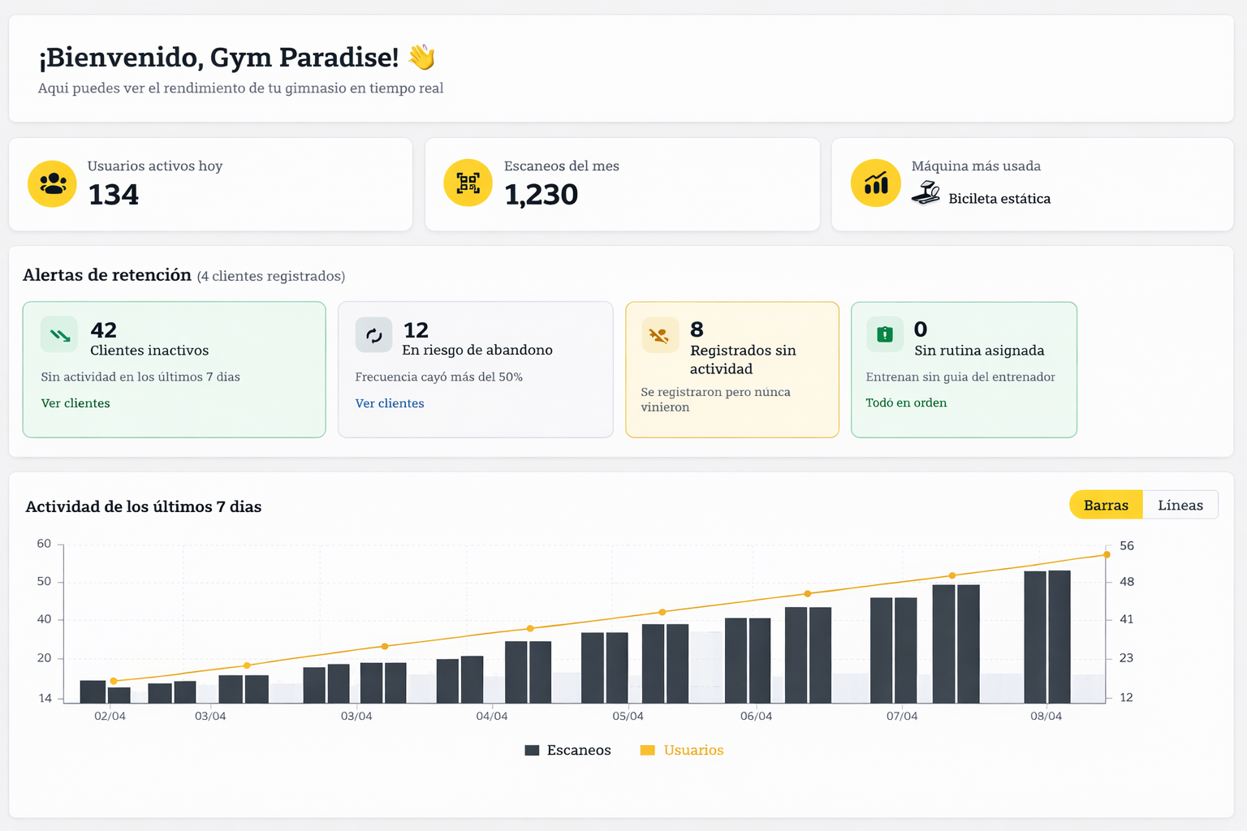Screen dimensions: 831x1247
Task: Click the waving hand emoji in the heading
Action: pyautogui.click(x=421, y=57)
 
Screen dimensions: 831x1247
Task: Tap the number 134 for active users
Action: pyautogui.click(x=113, y=195)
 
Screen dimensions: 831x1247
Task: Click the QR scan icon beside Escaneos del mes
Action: pyautogui.click(x=468, y=183)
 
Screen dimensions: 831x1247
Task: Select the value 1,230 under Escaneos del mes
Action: pyautogui.click(x=541, y=195)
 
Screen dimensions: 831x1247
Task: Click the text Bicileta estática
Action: pyautogui.click(x=999, y=199)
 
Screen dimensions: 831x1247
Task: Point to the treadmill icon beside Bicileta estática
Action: pyautogui.click(x=926, y=193)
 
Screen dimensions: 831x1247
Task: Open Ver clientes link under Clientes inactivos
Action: pyautogui.click(x=76, y=403)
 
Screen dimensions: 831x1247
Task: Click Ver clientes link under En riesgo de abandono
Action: pyautogui.click(x=390, y=403)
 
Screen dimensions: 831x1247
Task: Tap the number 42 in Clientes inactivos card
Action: pyautogui.click(x=104, y=330)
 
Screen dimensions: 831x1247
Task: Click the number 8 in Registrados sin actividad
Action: pyautogui.click(x=697, y=329)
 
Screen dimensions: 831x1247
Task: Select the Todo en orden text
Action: pyautogui.click(x=906, y=403)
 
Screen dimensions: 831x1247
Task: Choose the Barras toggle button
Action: pyautogui.click(x=1106, y=505)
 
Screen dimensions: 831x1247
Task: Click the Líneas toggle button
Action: pyautogui.click(x=1180, y=505)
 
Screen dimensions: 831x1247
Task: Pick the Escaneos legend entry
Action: pyautogui.click(x=568, y=750)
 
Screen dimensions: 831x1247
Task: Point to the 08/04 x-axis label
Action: pyautogui.click(x=1046, y=716)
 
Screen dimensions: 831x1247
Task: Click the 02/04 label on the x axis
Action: pyautogui.click(x=110, y=716)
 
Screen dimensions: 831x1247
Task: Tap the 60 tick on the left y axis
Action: pyautogui.click(x=44, y=544)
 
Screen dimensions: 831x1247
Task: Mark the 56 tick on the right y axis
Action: pyautogui.click(x=1126, y=545)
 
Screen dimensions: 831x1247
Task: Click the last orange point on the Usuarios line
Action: pyautogui.click(x=1107, y=555)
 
